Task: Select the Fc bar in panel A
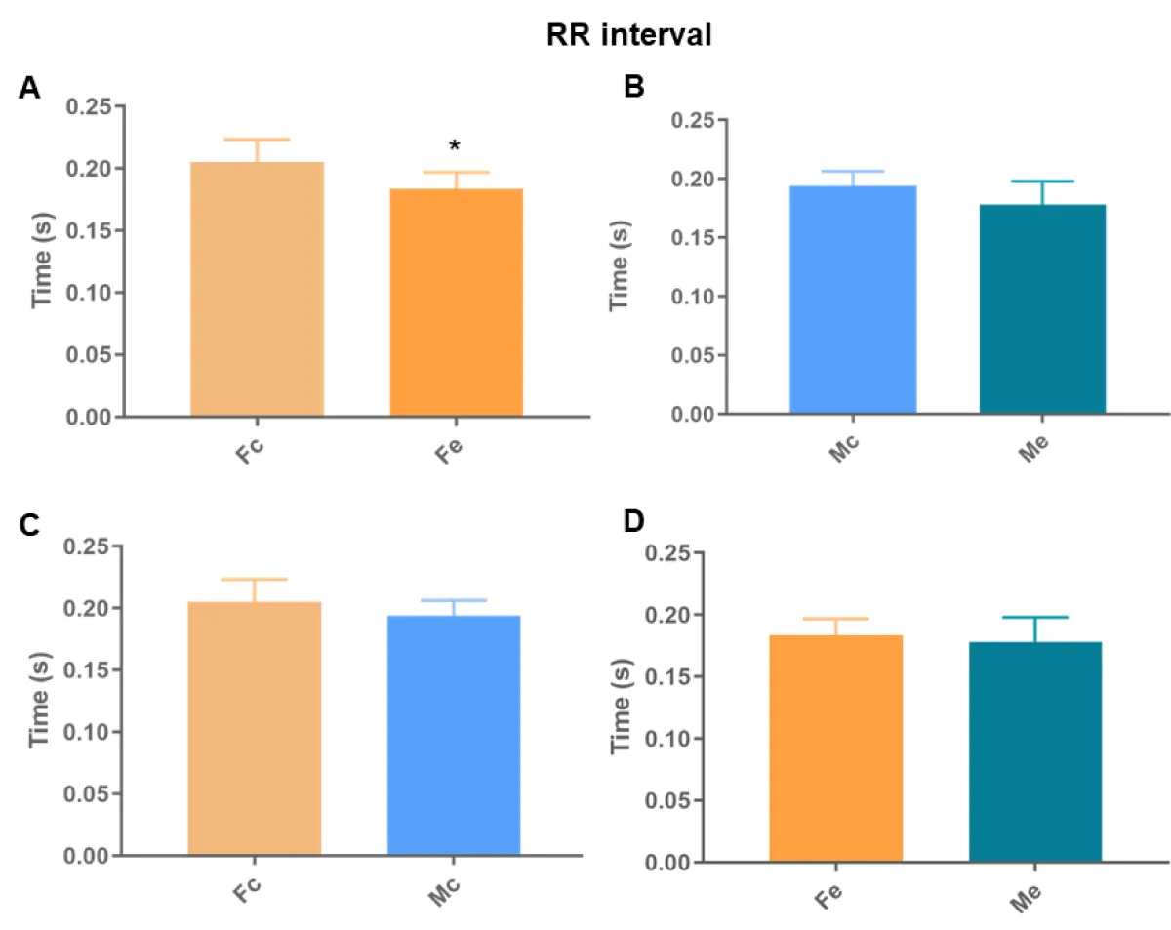[x=257, y=290]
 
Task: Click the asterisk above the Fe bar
[x=455, y=146]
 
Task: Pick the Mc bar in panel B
[x=852, y=300]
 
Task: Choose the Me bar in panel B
[x=1042, y=308]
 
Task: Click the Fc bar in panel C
[x=254, y=729]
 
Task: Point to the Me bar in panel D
[x=1035, y=751]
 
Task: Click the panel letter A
[x=29, y=89]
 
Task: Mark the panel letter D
[x=634, y=524]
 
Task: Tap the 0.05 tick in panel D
[x=672, y=801]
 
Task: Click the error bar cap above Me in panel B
[x=1042, y=182]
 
